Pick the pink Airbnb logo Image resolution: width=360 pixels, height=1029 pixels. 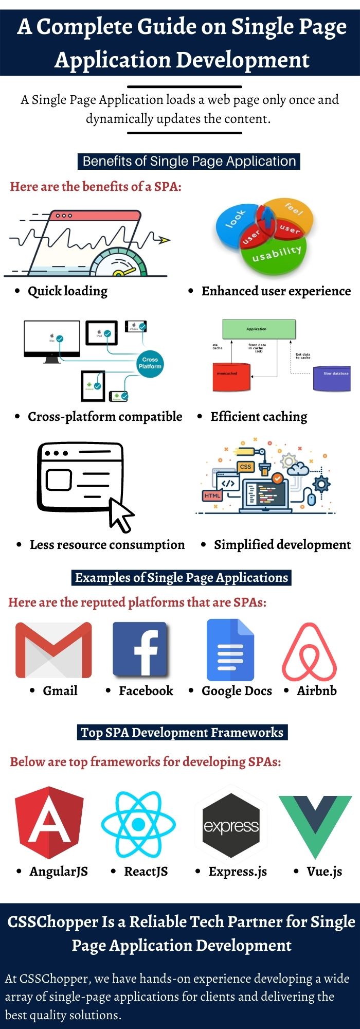[309, 651]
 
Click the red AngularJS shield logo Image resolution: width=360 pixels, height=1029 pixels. [49, 822]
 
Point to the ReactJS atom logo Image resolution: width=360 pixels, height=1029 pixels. [138, 824]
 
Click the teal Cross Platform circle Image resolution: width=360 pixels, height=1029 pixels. [150, 363]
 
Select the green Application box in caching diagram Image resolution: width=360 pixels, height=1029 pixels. [259, 329]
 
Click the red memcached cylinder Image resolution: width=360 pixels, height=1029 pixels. [231, 377]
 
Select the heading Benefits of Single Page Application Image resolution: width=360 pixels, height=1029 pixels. [189, 161]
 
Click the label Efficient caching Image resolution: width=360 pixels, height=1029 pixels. [259, 416]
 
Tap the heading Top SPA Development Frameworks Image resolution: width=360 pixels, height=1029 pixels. [182, 732]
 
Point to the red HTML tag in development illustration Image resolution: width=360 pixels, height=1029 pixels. [212, 495]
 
